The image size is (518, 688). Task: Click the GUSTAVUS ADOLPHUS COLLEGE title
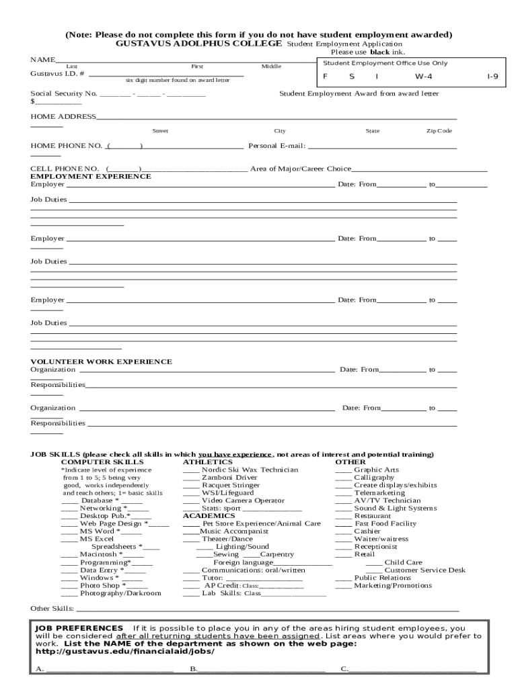[198, 43]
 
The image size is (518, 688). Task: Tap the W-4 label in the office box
[423, 77]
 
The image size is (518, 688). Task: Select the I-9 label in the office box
[492, 77]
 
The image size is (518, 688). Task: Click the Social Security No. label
[64, 94]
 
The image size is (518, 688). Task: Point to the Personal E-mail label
[277, 146]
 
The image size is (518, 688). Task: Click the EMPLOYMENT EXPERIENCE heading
[91, 176]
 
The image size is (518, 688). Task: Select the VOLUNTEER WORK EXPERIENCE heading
[101, 361]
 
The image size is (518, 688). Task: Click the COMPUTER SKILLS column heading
[102, 462]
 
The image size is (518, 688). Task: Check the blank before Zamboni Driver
[191, 478]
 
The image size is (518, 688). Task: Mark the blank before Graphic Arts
[344, 470]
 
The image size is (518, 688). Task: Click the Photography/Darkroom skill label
[120, 593]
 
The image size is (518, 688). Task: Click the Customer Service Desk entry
[424, 570]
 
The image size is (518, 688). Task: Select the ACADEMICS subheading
[209, 516]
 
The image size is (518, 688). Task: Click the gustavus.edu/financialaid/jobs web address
[124, 651]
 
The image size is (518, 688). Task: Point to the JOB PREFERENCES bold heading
[79, 628]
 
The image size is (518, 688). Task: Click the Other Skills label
[52, 609]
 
